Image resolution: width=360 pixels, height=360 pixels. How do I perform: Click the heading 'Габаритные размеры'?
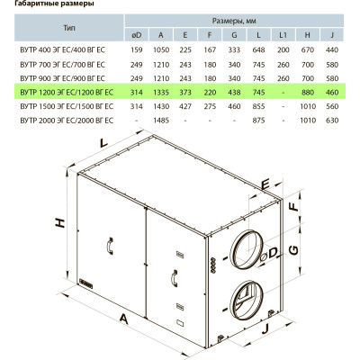click(54, 4)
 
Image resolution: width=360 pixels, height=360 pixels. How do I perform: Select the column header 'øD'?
click(137, 35)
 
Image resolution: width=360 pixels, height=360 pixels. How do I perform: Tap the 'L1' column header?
click(283, 35)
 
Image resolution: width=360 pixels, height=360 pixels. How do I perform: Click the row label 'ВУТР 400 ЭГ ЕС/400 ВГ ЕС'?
click(63, 49)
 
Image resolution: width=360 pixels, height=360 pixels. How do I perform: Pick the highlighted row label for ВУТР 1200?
click(67, 93)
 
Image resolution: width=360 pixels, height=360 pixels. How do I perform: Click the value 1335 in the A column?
click(161, 93)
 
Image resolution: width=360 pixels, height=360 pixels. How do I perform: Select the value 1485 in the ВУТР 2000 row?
click(161, 121)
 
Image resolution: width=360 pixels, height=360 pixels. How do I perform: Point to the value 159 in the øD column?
click(137, 49)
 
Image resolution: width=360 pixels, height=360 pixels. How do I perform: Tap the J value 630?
click(332, 121)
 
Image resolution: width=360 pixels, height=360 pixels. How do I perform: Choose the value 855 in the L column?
click(258, 106)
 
